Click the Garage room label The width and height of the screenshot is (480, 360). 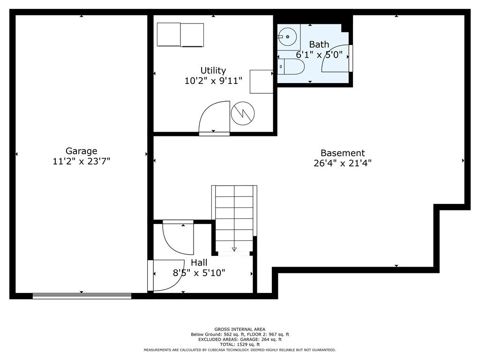82,151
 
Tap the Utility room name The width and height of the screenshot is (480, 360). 213,71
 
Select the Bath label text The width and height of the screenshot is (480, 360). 319,45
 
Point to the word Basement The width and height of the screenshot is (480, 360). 343,153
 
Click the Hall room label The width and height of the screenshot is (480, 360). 199,262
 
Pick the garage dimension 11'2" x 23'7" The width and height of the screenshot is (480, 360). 82,161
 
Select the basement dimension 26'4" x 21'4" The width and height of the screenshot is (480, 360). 343,163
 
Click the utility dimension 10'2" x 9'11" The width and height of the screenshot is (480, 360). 213,81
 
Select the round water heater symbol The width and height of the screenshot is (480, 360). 243,113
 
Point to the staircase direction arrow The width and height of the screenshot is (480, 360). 234,248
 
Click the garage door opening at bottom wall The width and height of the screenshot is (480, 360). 82,296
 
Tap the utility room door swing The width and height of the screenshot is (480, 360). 214,117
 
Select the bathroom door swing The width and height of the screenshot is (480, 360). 335,59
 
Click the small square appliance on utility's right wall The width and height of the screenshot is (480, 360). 262,82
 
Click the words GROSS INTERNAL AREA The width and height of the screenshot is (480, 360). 240,330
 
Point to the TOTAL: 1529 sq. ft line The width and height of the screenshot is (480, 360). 240,345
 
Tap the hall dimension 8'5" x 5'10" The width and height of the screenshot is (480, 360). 199,272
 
